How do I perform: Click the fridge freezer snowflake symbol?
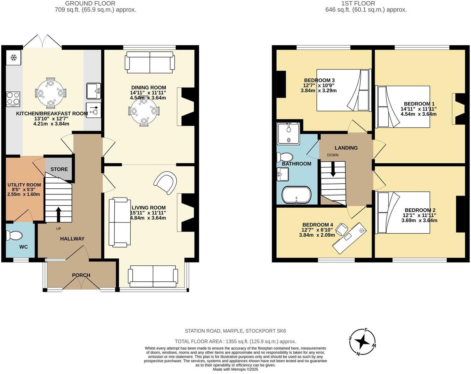[x=14, y=58]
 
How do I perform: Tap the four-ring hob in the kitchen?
[x=13, y=99]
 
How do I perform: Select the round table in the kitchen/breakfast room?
[x=50, y=93]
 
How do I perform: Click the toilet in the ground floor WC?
[x=14, y=235]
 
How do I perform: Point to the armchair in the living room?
[x=166, y=182]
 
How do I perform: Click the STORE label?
[x=59, y=169]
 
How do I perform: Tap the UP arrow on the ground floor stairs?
[x=59, y=214]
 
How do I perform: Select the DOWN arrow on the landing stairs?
[x=333, y=169]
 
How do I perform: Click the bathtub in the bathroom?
[x=296, y=195]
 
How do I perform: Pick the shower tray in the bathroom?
[x=289, y=134]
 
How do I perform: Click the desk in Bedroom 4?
[x=350, y=238]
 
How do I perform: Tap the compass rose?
[x=362, y=342]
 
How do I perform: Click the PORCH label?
[x=81, y=275]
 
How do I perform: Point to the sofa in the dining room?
[x=150, y=62]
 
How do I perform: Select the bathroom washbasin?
[x=283, y=174]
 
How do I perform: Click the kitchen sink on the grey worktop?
[x=93, y=91]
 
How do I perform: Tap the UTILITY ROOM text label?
[x=24, y=185]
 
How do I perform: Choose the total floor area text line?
[x=235, y=342]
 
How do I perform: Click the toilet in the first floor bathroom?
[x=285, y=157]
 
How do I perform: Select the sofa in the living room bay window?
[x=153, y=277]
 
